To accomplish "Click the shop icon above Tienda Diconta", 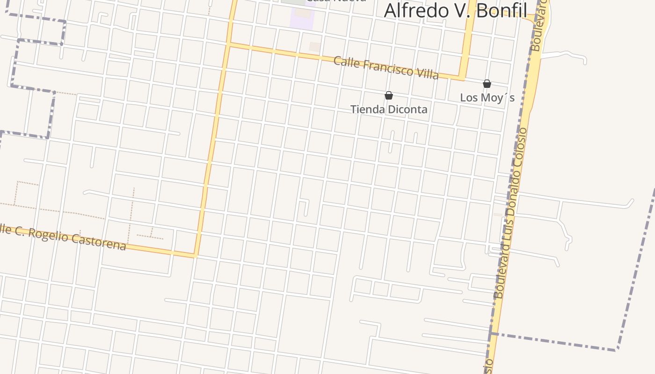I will click(x=388, y=96).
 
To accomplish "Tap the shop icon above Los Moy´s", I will click(x=487, y=84).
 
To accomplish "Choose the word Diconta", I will click(x=406, y=109).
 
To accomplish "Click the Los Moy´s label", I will click(x=487, y=98).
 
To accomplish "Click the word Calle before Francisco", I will click(x=346, y=62).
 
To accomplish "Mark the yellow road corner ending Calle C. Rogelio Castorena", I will click(x=195, y=255).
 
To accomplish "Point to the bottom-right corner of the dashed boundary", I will click(x=617, y=349).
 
